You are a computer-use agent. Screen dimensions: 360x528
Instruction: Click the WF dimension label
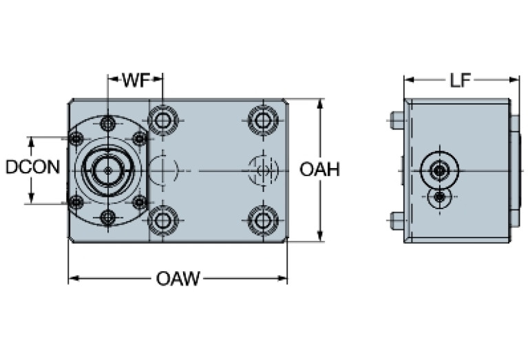(136, 80)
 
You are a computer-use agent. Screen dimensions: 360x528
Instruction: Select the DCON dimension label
(32, 167)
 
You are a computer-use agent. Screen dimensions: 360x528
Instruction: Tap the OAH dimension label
(319, 169)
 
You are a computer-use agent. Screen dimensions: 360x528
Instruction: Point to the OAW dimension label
(178, 279)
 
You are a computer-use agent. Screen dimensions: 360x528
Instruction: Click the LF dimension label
(460, 81)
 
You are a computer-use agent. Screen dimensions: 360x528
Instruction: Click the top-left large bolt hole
(163, 121)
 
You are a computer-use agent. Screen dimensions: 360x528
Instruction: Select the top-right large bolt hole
(262, 121)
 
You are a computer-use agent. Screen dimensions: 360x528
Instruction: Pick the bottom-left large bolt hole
(163, 220)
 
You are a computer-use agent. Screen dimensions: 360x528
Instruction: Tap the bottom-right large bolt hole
(262, 220)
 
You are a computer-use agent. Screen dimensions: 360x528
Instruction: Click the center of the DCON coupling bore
(107, 169)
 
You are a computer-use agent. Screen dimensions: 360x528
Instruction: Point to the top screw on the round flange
(107, 124)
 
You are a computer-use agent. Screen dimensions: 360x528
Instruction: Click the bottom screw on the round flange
(107, 218)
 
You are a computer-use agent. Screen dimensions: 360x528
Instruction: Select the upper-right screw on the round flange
(139, 139)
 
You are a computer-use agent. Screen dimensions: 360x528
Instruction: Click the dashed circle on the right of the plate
(262, 169)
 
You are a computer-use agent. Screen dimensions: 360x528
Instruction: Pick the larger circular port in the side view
(439, 169)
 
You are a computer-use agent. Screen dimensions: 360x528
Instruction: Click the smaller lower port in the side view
(439, 198)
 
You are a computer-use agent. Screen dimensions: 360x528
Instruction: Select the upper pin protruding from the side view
(396, 120)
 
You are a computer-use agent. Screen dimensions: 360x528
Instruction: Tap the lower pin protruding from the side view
(396, 220)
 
